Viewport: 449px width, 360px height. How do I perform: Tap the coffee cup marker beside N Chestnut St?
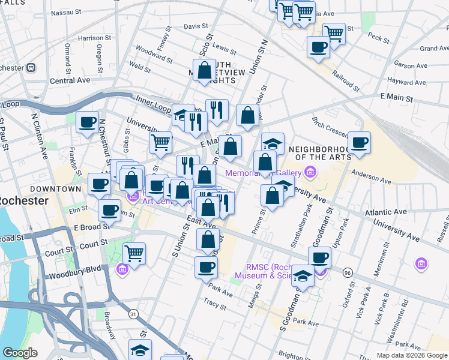pyautogui.click(x=88, y=122)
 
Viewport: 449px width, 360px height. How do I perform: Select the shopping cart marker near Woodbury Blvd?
pyautogui.click(x=134, y=253)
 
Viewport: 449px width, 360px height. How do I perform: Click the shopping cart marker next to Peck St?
pyautogui.click(x=334, y=33)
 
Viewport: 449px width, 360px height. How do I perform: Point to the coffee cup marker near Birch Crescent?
pyautogui.click(x=359, y=143)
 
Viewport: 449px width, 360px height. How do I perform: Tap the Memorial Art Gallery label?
pyautogui.click(x=264, y=173)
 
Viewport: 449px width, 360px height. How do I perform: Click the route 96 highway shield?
pyautogui.click(x=348, y=272)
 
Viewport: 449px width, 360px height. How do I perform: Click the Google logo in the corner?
pyautogui.click(x=20, y=353)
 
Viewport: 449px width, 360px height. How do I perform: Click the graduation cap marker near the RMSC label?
pyautogui.click(x=303, y=277)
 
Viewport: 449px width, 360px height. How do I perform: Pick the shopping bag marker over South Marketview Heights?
pyautogui.click(x=205, y=70)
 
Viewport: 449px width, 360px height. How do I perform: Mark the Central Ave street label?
pyautogui.click(x=70, y=80)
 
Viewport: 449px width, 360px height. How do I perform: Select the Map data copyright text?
pyautogui.click(x=411, y=355)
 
